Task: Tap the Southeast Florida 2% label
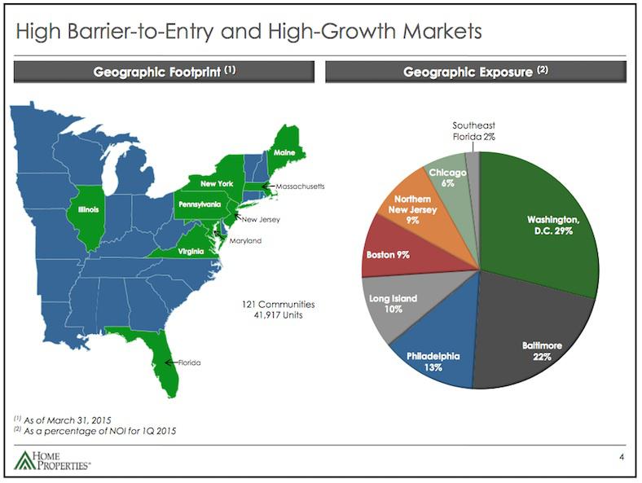(x=473, y=131)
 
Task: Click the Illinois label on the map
(x=88, y=209)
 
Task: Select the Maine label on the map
(x=284, y=152)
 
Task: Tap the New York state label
(x=217, y=184)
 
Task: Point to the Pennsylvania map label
(x=200, y=204)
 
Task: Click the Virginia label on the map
(x=191, y=252)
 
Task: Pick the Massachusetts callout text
(x=300, y=187)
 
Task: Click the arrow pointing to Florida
(x=171, y=362)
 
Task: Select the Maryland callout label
(x=245, y=240)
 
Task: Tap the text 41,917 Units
(x=279, y=315)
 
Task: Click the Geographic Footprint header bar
(x=165, y=72)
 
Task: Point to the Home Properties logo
(x=52, y=460)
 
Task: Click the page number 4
(x=622, y=458)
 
